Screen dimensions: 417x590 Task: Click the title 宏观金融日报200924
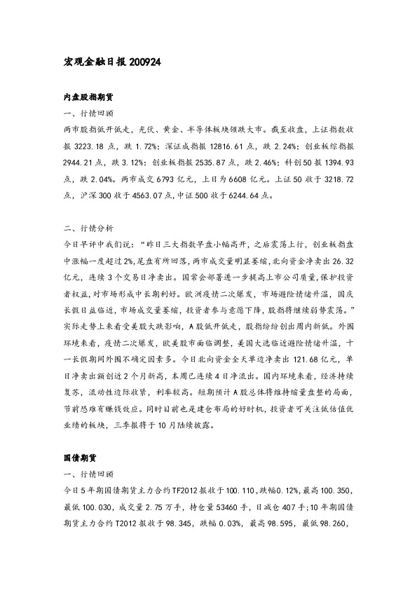tap(112, 62)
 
